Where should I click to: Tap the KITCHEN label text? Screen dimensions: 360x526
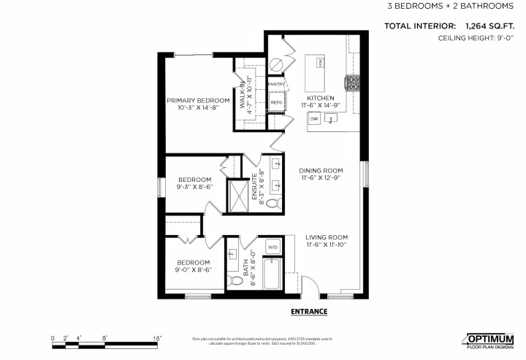321,98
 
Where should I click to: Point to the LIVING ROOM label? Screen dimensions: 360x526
327,237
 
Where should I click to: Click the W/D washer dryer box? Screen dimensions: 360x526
273,248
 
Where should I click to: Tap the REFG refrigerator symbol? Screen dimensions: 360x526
276,103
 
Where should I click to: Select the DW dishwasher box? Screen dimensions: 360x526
314,118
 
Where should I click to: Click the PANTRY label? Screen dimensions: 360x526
276,85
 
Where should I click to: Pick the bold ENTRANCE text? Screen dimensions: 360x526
309,312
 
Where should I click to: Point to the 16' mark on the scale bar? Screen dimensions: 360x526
157,338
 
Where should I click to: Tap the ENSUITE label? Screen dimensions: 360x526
255,185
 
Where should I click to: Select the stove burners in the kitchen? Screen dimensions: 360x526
352,80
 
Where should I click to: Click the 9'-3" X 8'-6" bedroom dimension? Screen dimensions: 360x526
195,187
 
